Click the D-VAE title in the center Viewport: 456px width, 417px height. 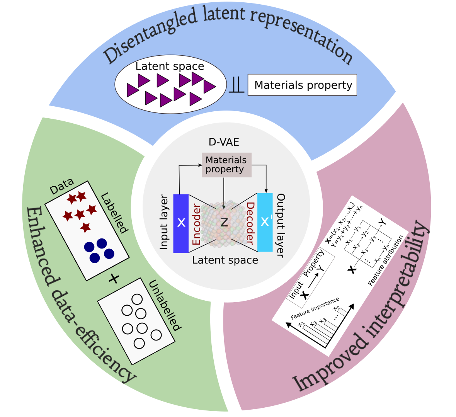[x=224, y=142]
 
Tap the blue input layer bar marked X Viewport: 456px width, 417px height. [x=181, y=223]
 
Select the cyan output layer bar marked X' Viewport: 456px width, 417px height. [x=265, y=222]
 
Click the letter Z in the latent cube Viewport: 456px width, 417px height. [x=224, y=222]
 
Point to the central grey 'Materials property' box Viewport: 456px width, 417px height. [x=226, y=165]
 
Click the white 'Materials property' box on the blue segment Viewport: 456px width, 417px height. [x=302, y=85]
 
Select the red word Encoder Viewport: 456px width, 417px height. [x=196, y=225]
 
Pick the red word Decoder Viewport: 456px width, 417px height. [x=250, y=223]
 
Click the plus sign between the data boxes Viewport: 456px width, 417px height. [x=114, y=278]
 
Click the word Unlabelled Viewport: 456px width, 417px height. [x=164, y=305]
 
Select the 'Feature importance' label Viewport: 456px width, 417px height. [x=315, y=308]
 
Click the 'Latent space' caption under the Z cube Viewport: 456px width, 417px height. [x=225, y=260]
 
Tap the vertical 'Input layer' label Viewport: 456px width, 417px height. [x=164, y=222]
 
